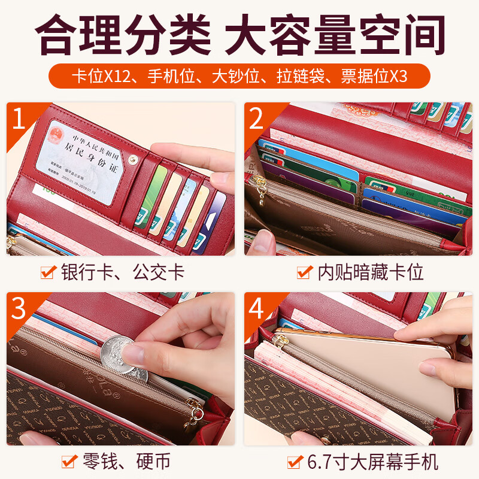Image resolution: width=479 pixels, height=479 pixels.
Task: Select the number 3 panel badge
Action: [x=19, y=308]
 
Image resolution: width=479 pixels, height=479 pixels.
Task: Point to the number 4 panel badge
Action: [x=257, y=308]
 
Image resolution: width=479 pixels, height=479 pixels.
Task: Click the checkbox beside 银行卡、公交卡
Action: [x=48, y=273]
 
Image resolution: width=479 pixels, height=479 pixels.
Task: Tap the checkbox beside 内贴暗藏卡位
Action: [x=305, y=273]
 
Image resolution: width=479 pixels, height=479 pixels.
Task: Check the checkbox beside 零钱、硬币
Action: [x=69, y=462]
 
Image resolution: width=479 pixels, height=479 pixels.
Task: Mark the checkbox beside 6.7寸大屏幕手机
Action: [x=294, y=462]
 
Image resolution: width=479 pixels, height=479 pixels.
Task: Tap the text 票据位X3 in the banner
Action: [x=374, y=77]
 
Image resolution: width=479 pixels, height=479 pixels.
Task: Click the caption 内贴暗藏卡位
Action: [x=371, y=273]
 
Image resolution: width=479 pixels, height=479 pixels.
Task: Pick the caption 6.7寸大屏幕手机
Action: [x=371, y=462]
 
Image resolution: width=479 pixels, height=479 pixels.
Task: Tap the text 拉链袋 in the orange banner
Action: [x=299, y=77]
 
